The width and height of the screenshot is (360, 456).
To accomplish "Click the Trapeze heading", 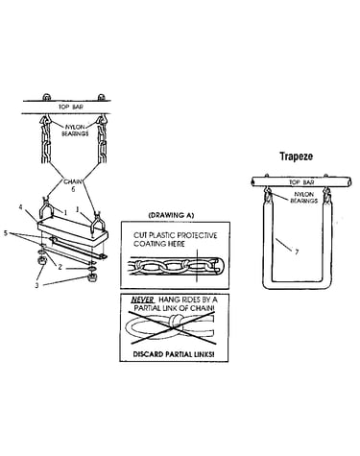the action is [x=296, y=156].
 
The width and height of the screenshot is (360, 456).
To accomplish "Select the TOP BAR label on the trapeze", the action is [x=301, y=182].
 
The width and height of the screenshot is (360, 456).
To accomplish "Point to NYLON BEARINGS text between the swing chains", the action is [x=75, y=131].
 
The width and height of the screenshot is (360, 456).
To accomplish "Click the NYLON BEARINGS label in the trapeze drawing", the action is [x=303, y=198].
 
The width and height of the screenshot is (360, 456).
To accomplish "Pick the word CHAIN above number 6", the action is [x=73, y=181].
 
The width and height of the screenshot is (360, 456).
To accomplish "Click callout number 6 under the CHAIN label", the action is [x=73, y=189].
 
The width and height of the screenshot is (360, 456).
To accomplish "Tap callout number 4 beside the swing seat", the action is [x=21, y=207].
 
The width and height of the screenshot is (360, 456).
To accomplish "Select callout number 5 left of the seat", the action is [x=6, y=233].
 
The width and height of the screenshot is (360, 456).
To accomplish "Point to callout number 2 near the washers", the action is [x=60, y=267].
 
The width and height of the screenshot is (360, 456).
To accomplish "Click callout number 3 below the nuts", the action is [x=36, y=285].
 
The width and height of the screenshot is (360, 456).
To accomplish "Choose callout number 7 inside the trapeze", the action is [x=297, y=252].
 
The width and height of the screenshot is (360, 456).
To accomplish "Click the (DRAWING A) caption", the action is [x=171, y=215].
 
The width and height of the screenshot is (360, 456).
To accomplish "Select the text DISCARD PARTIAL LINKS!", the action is [x=174, y=354].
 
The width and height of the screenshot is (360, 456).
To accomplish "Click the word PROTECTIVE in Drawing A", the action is [x=197, y=235].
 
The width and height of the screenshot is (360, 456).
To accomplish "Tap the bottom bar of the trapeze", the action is [x=297, y=284].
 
